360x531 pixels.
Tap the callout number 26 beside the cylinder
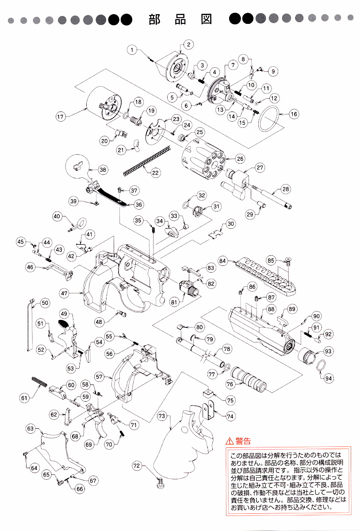pos(240,158)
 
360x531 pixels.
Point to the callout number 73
pos(162,416)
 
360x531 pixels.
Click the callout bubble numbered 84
pos(222,261)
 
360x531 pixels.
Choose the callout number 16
pos(294,114)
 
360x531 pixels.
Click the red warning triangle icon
pos(229,441)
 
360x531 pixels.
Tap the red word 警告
pos(243,441)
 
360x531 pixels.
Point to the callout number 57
pos(100,377)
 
